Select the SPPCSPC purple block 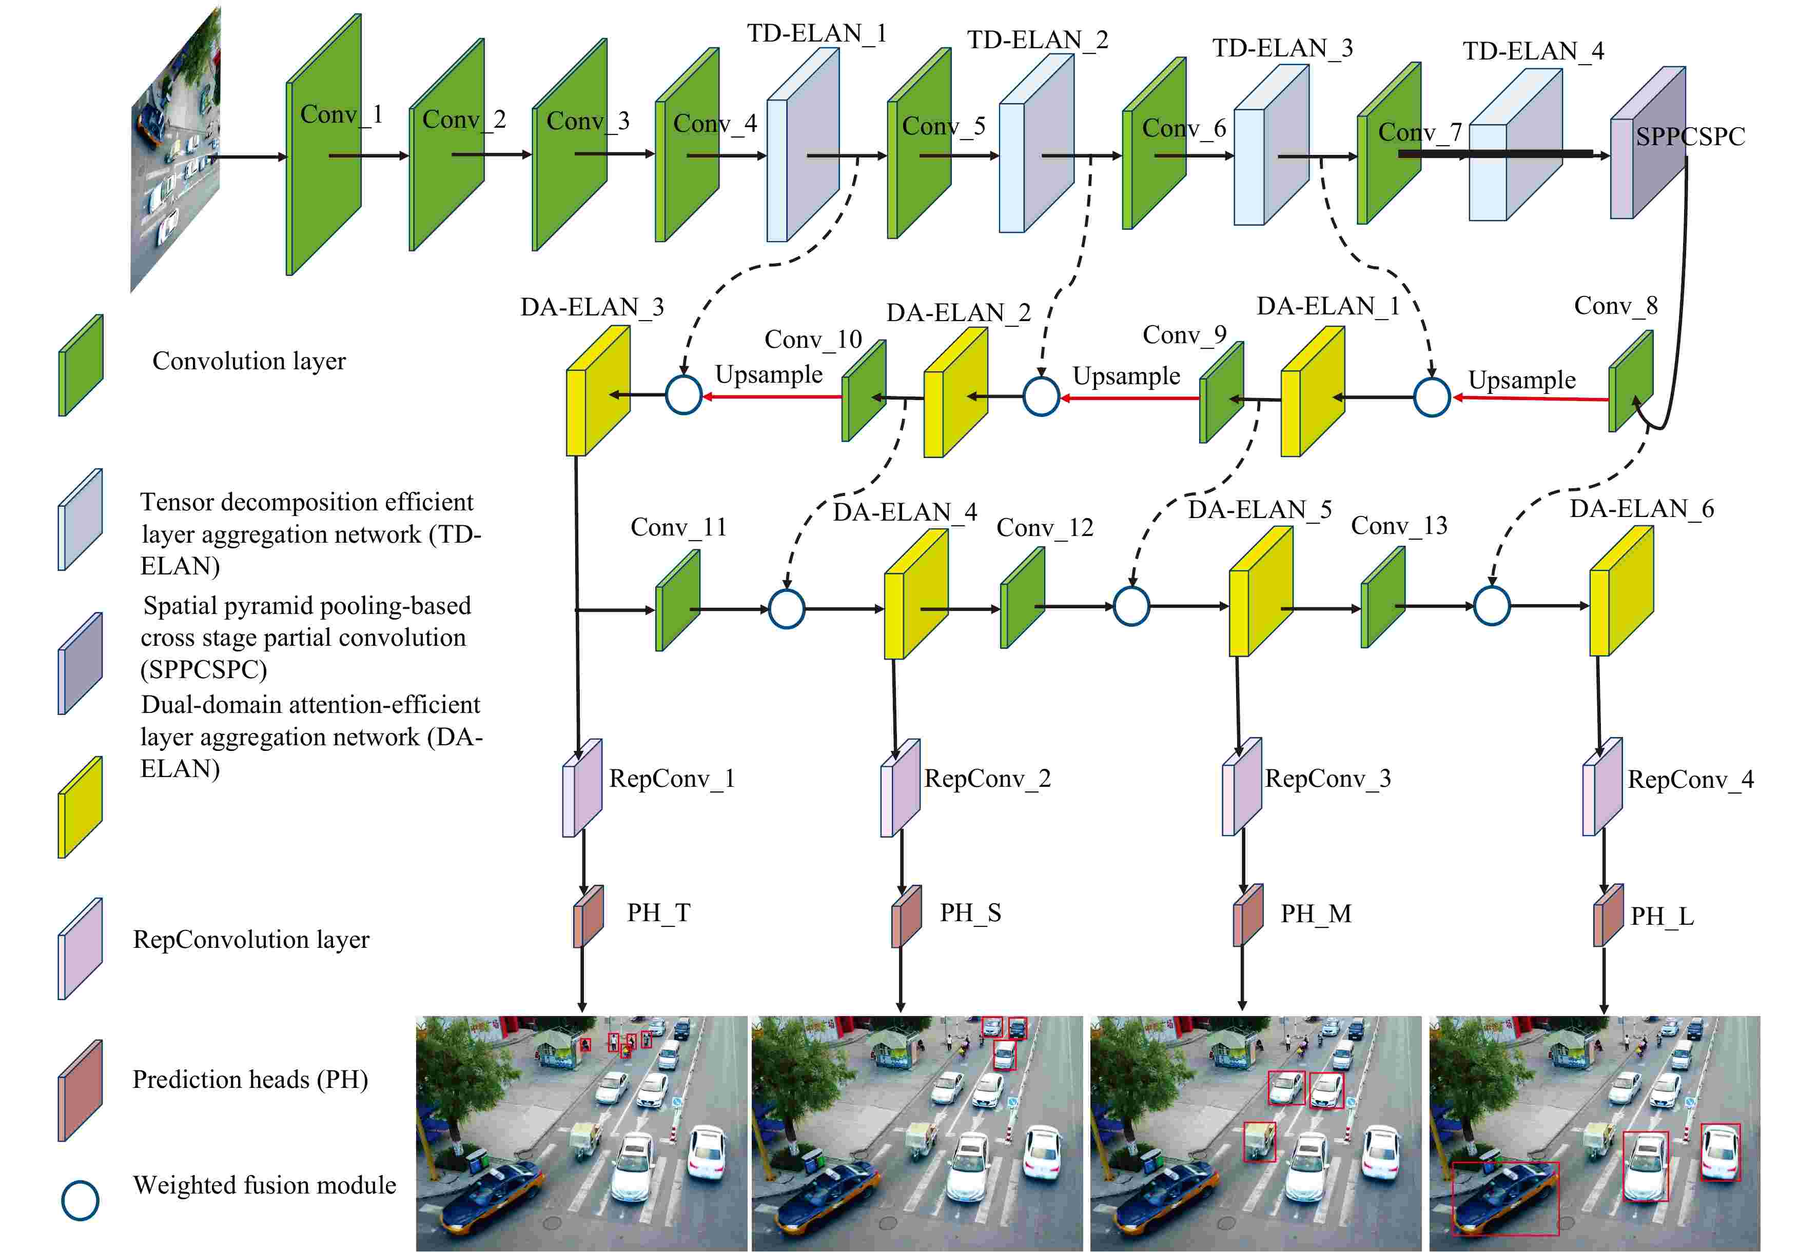click(1648, 143)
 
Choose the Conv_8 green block click(1631, 381)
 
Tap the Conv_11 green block click(678, 600)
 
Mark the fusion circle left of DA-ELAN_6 click(1492, 606)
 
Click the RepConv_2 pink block click(900, 788)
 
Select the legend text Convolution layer click(249, 361)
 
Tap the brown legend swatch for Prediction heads click(80, 1090)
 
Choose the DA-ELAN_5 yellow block click(1260, 591)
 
